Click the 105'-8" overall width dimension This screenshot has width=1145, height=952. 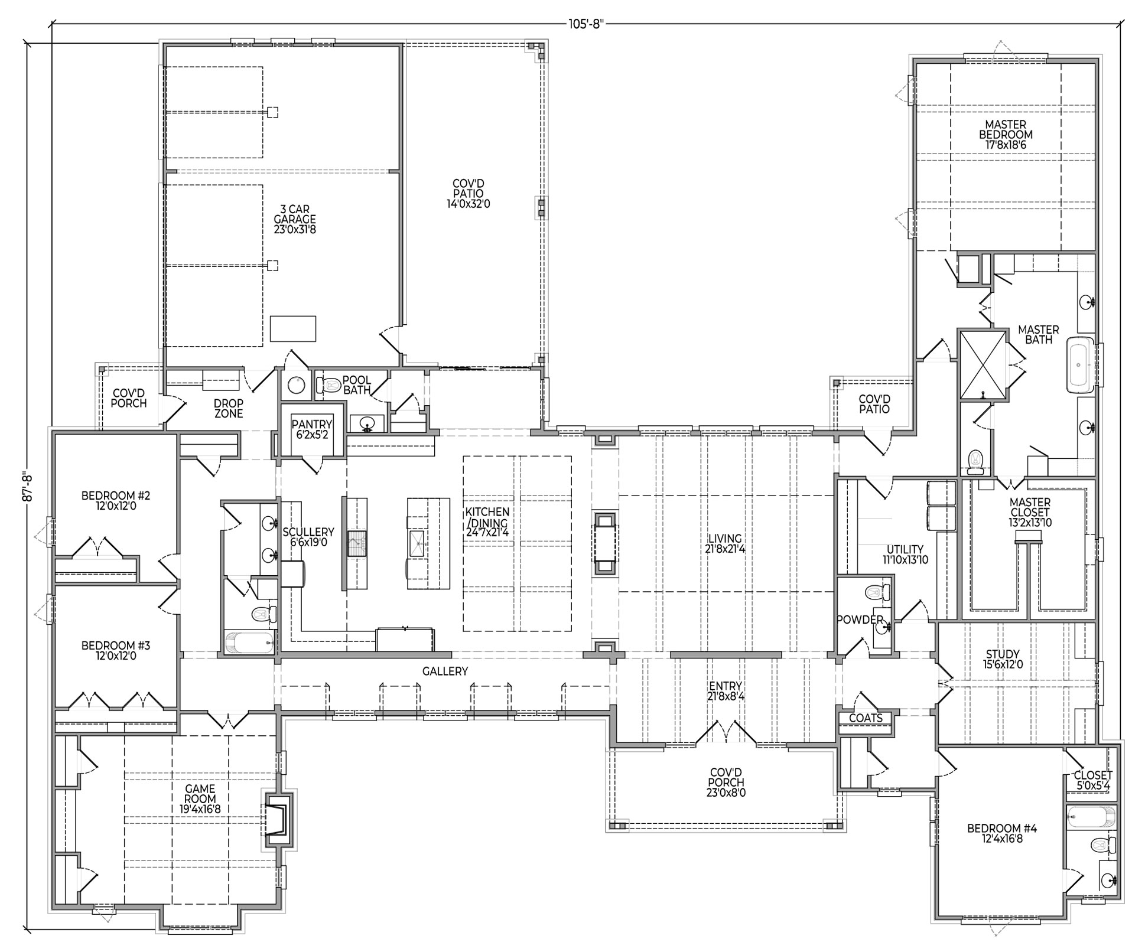[x=585, y=24]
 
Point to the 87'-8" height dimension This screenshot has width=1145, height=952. [x=26, y=487]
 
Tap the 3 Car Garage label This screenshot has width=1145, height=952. [x=295, y=219]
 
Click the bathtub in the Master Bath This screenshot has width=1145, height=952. [x=1080, y=365]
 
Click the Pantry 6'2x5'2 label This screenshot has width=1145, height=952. [x=312, y=429]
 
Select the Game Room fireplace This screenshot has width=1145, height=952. [x=278, y=819]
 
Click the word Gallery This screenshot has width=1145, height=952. [x=445, y=671]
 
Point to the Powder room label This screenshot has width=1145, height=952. [x=860, y=620]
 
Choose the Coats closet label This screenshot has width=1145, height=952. [x=866, y=718]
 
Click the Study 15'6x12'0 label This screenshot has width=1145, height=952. [x=1003, y=659]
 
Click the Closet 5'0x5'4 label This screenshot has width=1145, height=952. [x=1093, y=780]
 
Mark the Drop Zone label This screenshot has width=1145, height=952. [x=229, y=409]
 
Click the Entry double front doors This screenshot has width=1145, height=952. [x=726, y=732]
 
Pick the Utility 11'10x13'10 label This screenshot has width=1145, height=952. [x=905, y=555]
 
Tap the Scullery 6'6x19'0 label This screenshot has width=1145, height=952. [x=308, y=537]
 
